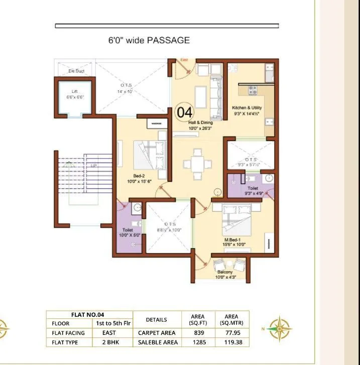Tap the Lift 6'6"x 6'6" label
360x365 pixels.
coord(74,94)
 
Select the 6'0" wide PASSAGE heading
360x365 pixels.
coord(149,40)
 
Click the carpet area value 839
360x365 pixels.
coord(198,332)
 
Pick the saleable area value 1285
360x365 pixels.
coord(198,342)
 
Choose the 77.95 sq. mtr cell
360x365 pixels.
coord(231,332)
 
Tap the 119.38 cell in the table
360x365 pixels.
coord(231,342)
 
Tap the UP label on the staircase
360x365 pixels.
coord(93,165)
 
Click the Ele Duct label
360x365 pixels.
coord(76,71)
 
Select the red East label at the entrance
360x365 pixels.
coord(184,61)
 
